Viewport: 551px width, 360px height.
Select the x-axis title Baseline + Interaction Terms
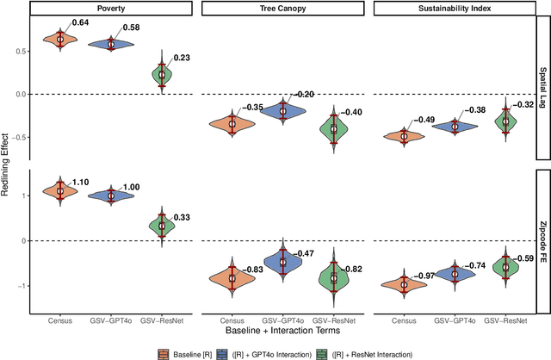click(x=281, y=330)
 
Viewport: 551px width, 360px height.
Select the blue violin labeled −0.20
click(x=282, y=109)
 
